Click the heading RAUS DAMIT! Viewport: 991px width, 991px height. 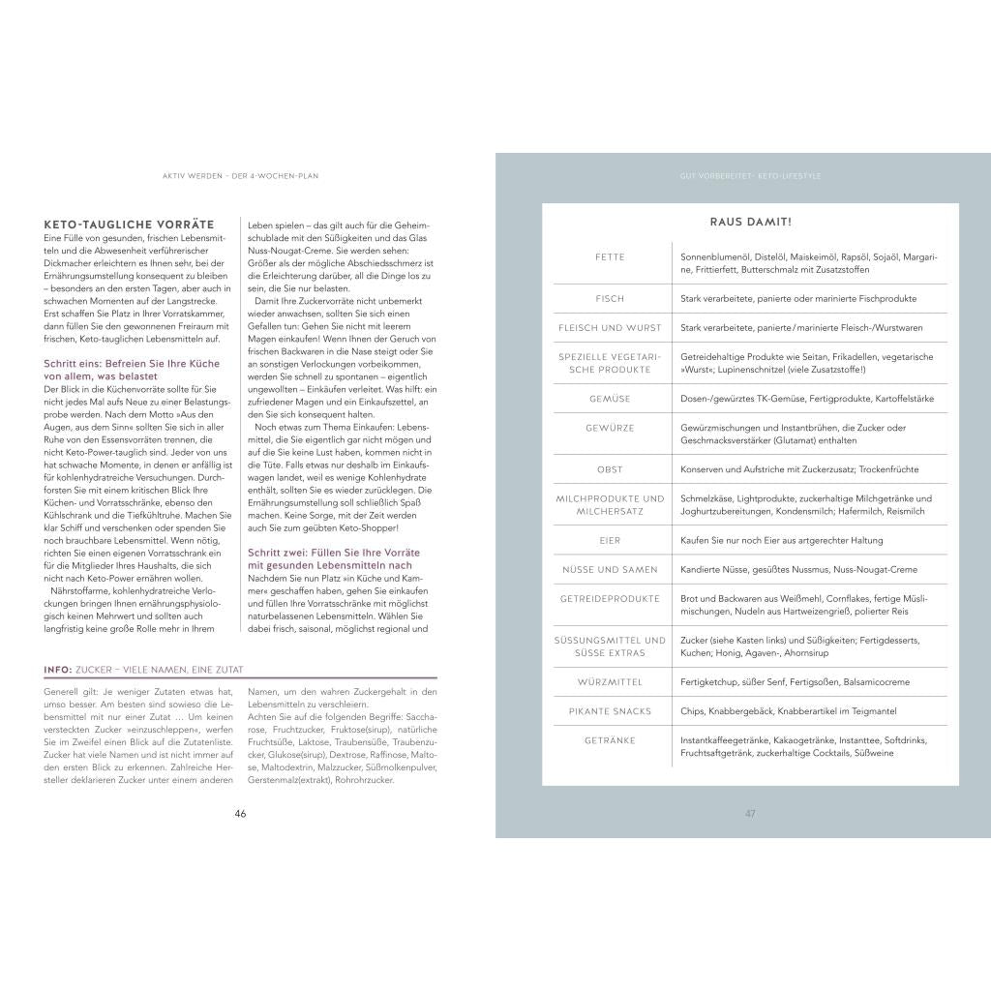(x=751, y=223)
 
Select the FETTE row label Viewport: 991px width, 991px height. (x=611, y=257)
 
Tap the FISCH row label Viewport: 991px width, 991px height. (x=611, y=299)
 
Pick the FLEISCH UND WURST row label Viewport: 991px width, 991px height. (x=611, y=328)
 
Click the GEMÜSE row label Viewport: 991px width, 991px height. (x=611, y=399)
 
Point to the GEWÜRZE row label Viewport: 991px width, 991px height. (x=611, y=428)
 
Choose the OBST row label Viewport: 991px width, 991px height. (x=611, y=469)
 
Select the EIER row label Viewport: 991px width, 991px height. (x=611, y=540)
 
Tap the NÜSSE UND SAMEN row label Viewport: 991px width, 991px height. (x=611, y=570)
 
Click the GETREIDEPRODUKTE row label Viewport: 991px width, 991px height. (x=611, y=599)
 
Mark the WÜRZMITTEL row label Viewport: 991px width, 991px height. (x=611, y=682)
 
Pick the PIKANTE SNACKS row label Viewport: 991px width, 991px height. (x=611, y=711)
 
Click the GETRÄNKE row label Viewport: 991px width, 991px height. (x=611, y=740)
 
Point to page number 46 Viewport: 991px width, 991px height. (x=241, y=813)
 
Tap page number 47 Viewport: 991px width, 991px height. (x=750, y=813)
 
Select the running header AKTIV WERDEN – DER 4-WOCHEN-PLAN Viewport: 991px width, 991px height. (x=241, y=176)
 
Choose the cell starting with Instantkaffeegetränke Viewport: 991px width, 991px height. (x=803, y=746)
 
